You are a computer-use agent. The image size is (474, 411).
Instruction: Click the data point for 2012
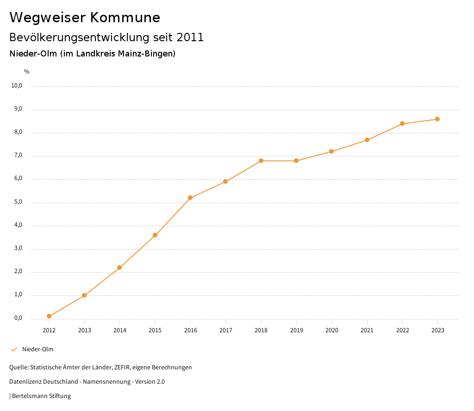tap(49, 316)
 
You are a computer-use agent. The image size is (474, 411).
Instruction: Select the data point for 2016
tap(190, 198)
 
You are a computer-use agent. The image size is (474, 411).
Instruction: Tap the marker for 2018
tap(261, 161)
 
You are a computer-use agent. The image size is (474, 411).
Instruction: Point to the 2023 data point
tap(437, 119)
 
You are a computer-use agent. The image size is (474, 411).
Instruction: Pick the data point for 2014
tap(119, 268)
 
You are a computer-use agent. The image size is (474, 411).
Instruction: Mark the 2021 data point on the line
tap(367, 140)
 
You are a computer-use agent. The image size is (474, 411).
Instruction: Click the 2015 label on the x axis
tap(155, 330)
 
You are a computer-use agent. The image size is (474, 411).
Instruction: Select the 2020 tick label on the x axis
tap(331, 330)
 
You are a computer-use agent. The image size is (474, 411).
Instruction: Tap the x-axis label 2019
tap(296, 330)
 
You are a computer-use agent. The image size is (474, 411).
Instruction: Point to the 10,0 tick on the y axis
tap(17, 86)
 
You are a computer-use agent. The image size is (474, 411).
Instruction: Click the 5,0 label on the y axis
tap(18, 202)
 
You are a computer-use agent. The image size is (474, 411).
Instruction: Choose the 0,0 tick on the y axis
tap(18, 318)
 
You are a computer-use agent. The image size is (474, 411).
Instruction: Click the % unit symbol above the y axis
tap(27, 72)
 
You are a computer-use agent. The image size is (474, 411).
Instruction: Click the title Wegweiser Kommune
tap(85, 18)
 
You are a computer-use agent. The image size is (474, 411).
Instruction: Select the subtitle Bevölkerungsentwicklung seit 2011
tap(106, 37)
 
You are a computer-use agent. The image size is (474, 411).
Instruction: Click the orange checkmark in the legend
tap(14, 349)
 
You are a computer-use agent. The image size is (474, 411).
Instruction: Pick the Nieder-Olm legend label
tap(37, 349)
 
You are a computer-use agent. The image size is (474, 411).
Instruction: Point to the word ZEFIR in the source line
tap(122, 367)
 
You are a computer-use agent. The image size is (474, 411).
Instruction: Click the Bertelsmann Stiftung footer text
tap(41, 396)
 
